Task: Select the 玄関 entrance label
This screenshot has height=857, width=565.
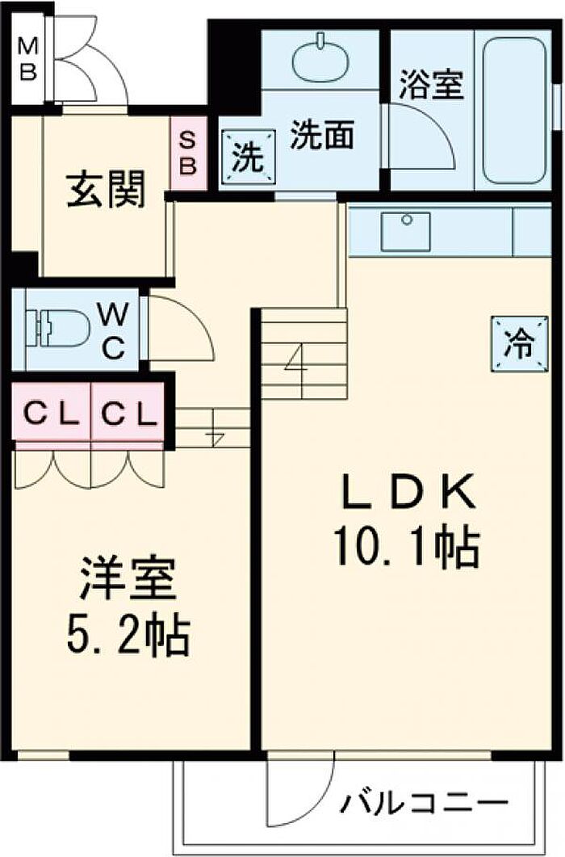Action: tap(106, 189)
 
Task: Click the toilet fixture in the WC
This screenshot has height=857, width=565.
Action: tap(54, 329)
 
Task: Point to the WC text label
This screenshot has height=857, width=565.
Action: tap(114, 330)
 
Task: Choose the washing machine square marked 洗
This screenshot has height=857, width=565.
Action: tap(249, 157)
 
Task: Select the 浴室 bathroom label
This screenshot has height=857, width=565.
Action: tap(432, 85)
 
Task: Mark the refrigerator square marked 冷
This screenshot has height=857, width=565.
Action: tap(519, 345)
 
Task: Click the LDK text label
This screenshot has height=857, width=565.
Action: tap(407, 492)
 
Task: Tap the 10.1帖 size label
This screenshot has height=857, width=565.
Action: tap(408, 547)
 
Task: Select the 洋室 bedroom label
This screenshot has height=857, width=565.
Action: tap(129, 578)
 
